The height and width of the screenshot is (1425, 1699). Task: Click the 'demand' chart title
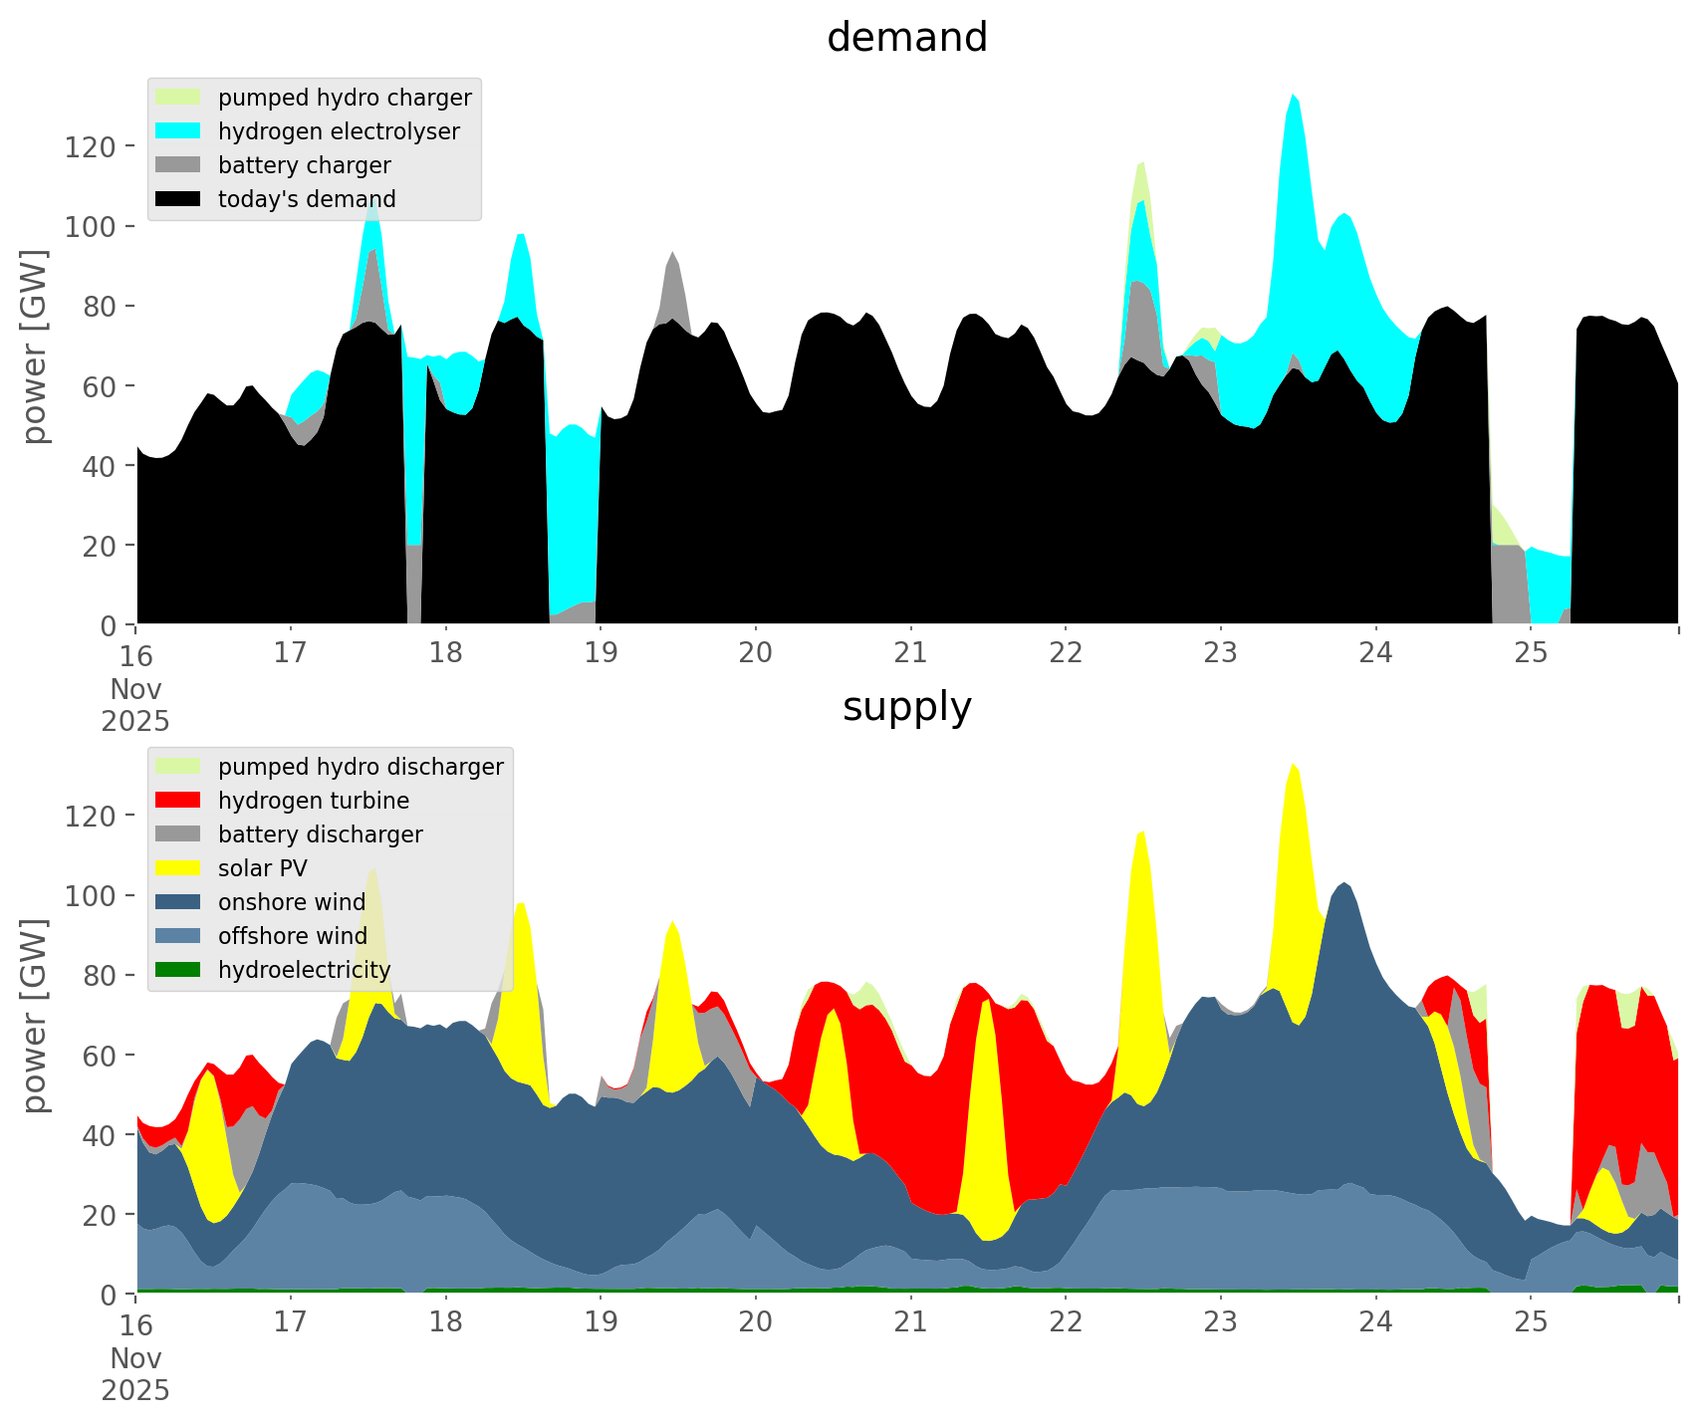[x=906, y=38]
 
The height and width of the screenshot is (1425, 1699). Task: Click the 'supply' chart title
[x=906, y=707]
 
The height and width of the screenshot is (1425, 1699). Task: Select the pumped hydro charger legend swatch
[x=178, y=98]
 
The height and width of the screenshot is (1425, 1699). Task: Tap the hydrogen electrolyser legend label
[x=339, y=131]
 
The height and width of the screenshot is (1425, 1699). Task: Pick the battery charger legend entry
[x=304, y=165]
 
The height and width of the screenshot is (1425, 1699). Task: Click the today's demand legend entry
[x=307, y=199]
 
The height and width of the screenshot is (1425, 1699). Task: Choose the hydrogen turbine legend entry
[x=313, y=801]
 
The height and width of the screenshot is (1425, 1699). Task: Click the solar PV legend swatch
[x=178, y=868]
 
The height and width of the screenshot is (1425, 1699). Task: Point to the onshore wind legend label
[x=292, y=902]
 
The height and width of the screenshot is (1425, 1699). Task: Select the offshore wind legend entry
[x=292, y=936]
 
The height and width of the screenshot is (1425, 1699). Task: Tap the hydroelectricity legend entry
[x=304, y=970]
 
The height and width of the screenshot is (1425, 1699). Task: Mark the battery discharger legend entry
[x=320, y=834]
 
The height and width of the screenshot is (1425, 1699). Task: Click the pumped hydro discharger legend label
[x=361, y=767]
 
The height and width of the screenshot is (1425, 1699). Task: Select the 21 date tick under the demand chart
[x=910, y=653]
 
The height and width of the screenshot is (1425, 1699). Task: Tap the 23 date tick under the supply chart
[x=1220, y=1322]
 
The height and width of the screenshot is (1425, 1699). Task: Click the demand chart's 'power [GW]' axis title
[x=36, y=347]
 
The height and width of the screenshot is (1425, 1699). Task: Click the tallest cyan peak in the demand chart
[x=1293, y=97]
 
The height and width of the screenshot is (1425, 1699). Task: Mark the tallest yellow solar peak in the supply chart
[x=1293, y=766]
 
